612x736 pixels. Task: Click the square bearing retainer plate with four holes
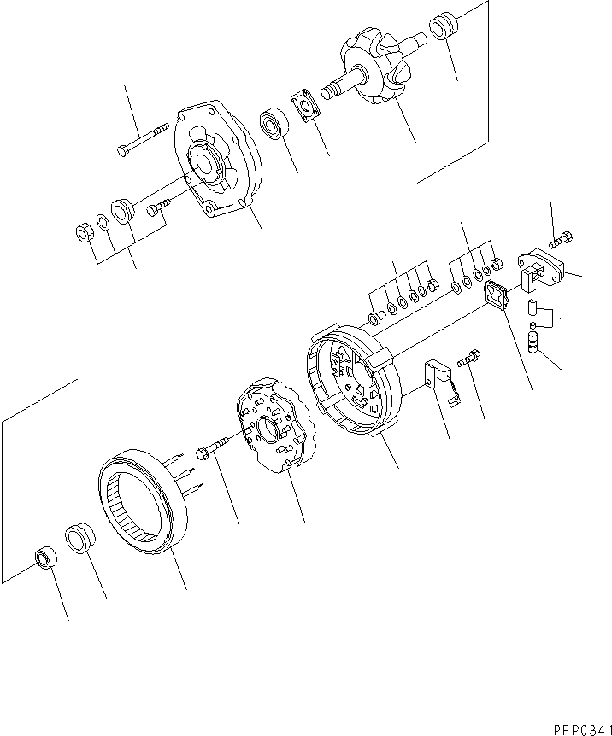[x=304, y=104]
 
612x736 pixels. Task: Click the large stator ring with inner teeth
[x=141, y=503]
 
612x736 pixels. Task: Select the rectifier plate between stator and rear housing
[x=274, y=424]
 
